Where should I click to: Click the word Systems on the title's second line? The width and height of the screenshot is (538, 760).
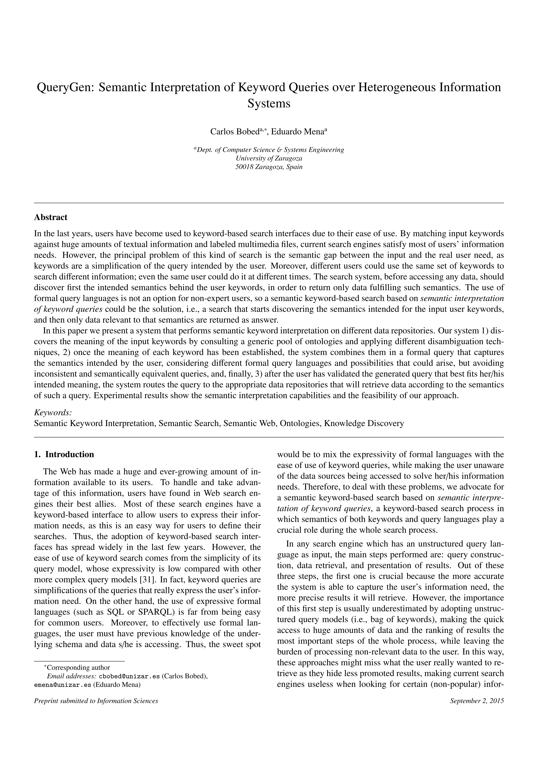269,104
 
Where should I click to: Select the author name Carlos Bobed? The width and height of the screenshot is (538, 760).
234,132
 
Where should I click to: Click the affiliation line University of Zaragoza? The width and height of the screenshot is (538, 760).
269,158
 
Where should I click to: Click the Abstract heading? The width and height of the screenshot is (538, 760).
51,218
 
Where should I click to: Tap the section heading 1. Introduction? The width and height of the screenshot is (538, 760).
64,454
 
